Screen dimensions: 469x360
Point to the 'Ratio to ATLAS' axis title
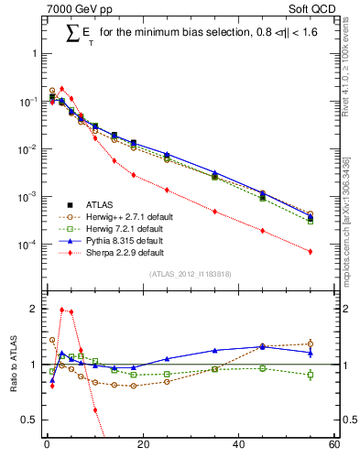[13, 365]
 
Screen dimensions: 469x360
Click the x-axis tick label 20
[142, 445]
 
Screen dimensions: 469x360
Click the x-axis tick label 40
[238, 445]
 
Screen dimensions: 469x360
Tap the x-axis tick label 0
[46, 445]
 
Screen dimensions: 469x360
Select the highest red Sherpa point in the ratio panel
[61, 310]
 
